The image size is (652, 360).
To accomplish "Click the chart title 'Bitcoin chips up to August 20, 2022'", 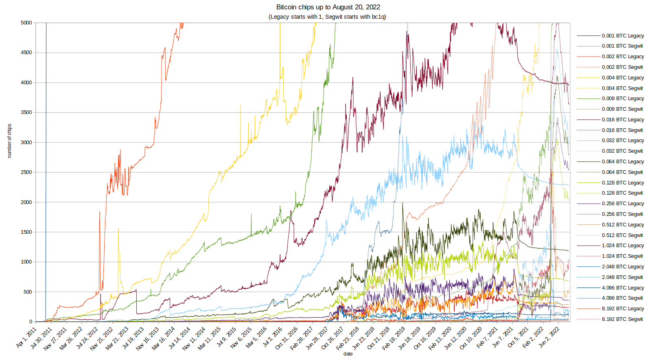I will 328,7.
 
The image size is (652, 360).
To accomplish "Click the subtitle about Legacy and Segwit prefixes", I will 327,17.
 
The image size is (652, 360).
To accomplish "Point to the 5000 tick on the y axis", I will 26,23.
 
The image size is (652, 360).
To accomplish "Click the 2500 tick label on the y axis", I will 26,172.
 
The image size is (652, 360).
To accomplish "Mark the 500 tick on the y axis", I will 27,292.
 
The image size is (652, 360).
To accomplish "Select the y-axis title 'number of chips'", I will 9,141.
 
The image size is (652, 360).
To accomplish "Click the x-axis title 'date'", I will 348,354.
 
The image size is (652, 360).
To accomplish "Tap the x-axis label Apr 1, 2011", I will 27,337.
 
